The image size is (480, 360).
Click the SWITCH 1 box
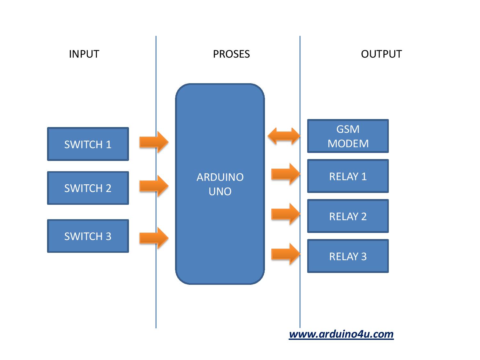click(x=88, y=144)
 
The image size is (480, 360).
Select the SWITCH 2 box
click(x=88, y=188)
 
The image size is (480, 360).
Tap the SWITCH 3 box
click(x=88, y=236)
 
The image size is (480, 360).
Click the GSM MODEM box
click(x=348, y=136)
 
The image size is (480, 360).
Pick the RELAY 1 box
click(x=348, y=176)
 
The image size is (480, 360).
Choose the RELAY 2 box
click(x=348, y=216)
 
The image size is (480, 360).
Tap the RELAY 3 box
click(x=348, y=256)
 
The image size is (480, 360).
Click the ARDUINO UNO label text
click(x=220, y=184)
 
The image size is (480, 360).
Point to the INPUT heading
click(x=84, y=54)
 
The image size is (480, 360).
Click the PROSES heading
click(x=231, y=54)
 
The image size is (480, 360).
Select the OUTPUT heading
click(x=381, y=54)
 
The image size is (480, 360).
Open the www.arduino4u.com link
click(x=341, y=334)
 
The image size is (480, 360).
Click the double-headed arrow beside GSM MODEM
click(x=284, y=136)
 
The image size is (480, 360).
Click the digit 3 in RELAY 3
click(x=364, y=256)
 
